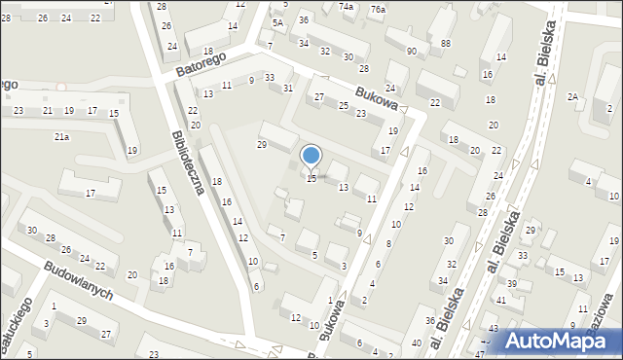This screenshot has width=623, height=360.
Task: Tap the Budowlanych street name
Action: point(78,280)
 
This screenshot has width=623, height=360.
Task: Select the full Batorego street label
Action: point(202,64)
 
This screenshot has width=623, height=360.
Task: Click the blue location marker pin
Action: point(311,157)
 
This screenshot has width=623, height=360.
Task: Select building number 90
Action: point(412,51)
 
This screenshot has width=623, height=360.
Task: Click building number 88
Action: point(445,44)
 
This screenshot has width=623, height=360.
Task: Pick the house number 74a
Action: point(346,6)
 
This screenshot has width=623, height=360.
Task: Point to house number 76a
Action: point(377,9)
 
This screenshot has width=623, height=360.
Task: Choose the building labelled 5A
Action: point(277,23)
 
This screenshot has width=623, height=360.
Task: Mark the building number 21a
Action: point(61,137)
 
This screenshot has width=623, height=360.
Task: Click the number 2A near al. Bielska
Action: point(573,96)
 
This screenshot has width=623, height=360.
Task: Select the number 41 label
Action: point(501,301)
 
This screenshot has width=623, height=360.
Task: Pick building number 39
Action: point(512,282)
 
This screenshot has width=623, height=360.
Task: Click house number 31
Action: point(288,89)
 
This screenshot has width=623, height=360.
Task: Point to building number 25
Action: point(343,105)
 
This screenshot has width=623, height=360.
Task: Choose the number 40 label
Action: point(417,342)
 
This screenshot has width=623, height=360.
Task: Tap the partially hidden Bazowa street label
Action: point(605,311)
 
